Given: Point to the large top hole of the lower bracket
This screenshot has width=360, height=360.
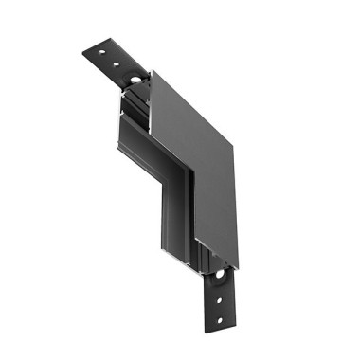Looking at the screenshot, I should coord(226,279).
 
